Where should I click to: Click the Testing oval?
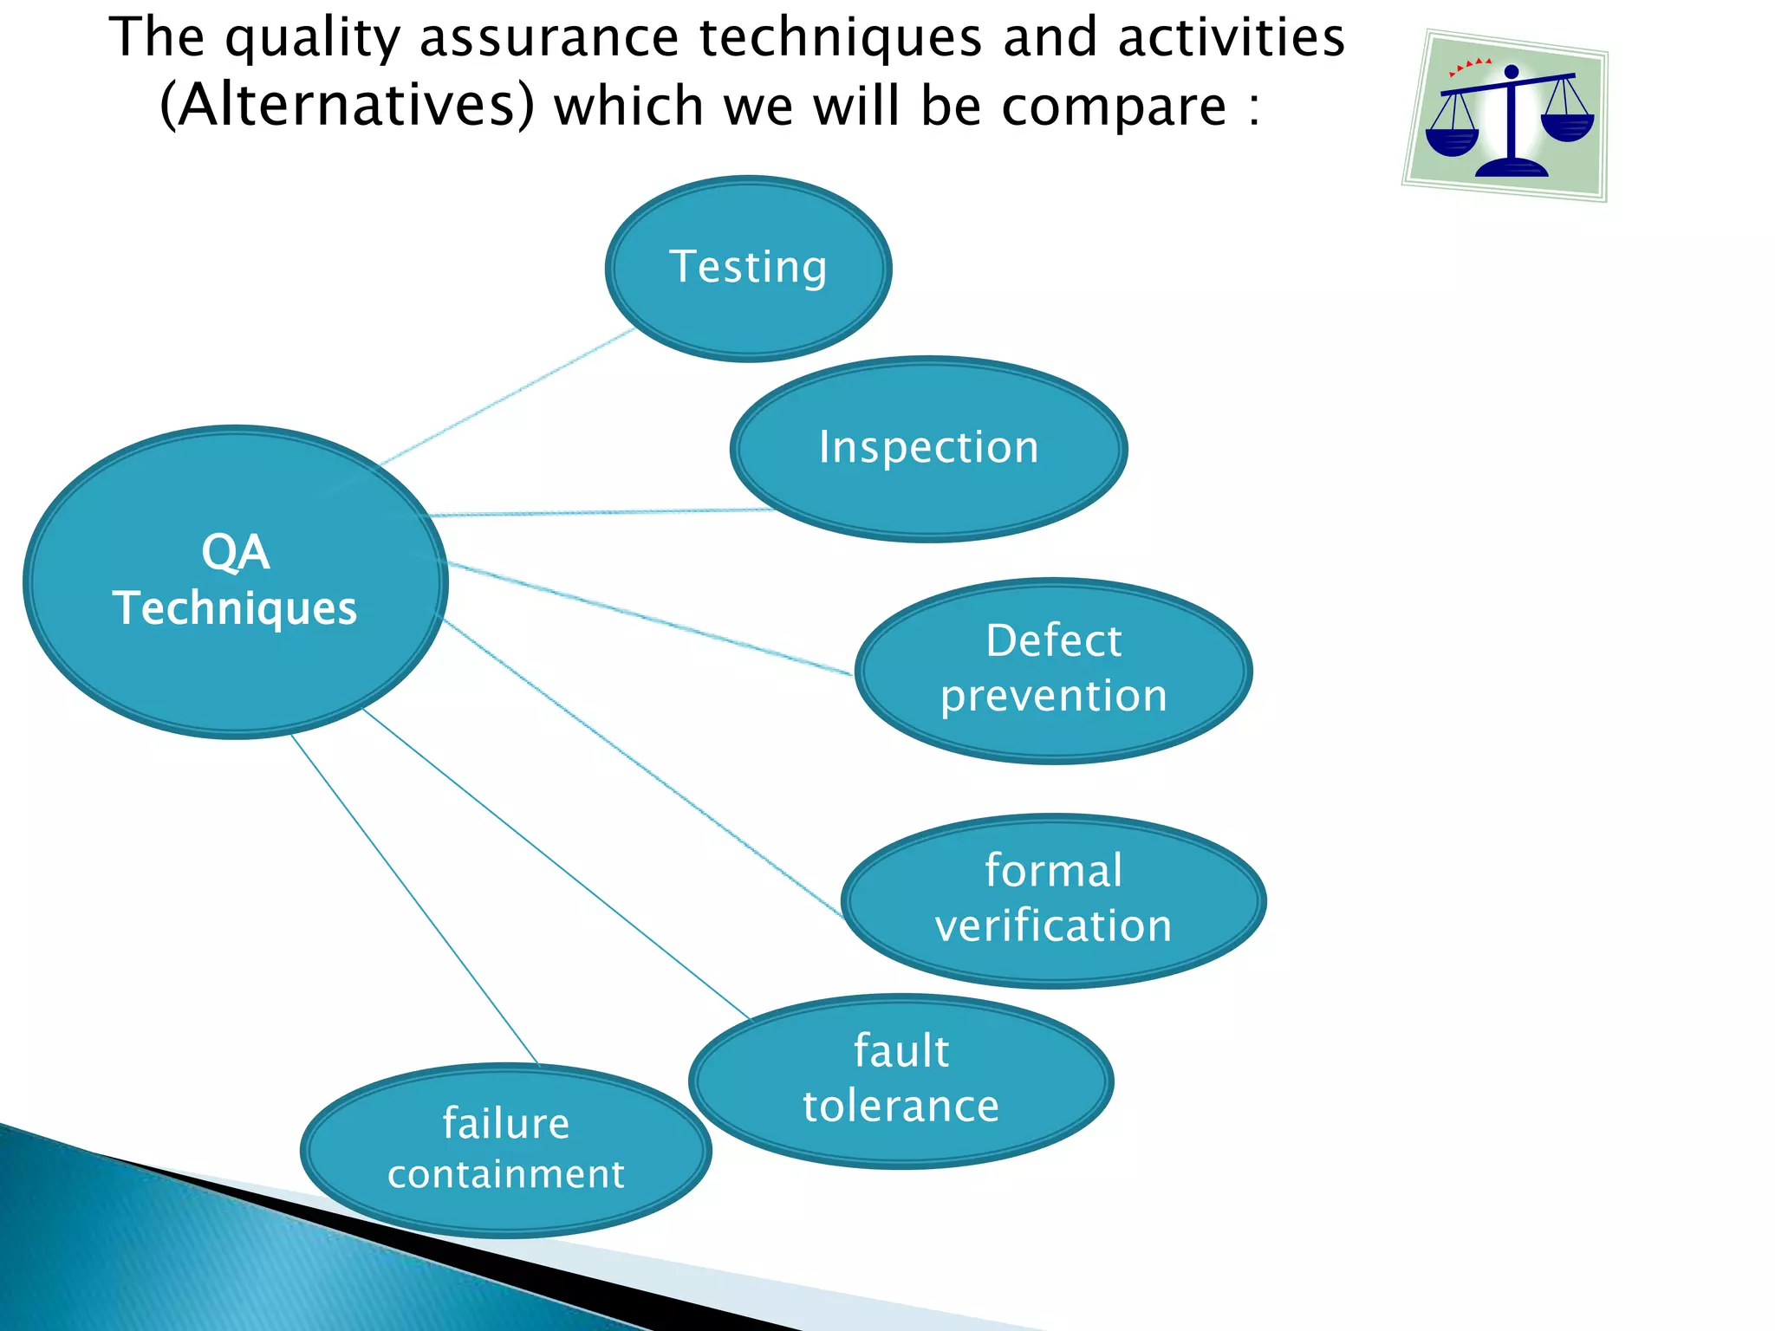coord(748,269)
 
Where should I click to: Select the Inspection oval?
coord(928,449)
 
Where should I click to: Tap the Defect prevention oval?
coord(1053,671)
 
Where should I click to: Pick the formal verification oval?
coord(1053,900)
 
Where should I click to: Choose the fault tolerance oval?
coord(901,1081)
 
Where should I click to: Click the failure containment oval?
coord(505,1150)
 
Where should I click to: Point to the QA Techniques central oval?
coord(235,581)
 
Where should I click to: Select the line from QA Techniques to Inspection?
coord(598,512)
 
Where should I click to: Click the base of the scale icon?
coord(1512,166)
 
